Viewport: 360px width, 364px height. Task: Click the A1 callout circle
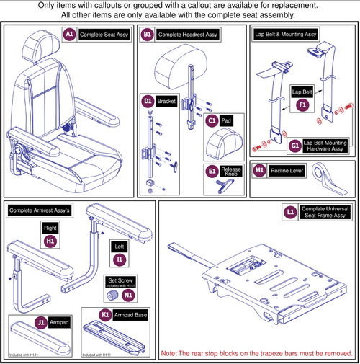pos(69,34)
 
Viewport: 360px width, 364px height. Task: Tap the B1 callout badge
pos(147,34)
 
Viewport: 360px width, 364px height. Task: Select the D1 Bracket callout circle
pos(148,102)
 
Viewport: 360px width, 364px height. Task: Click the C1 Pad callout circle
pos(211,121)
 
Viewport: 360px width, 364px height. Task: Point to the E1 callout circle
pos(211,172)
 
